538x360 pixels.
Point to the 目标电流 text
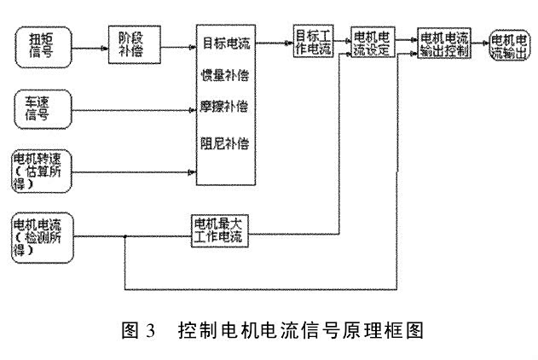point(226,42)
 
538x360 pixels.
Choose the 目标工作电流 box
point(314,42)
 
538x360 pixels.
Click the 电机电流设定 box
point(372,44)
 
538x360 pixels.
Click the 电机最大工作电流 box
point(217,230)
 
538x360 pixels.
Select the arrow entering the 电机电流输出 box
point(483,42)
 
